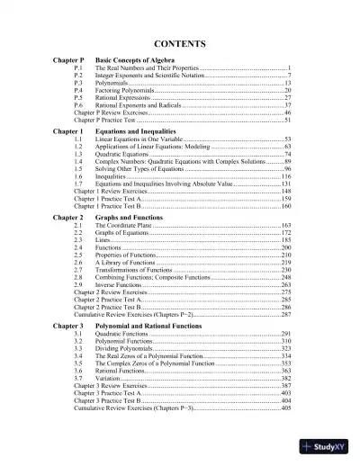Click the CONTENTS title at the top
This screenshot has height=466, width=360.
coord(180,44)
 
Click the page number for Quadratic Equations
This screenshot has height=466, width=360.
coord(286,156)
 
